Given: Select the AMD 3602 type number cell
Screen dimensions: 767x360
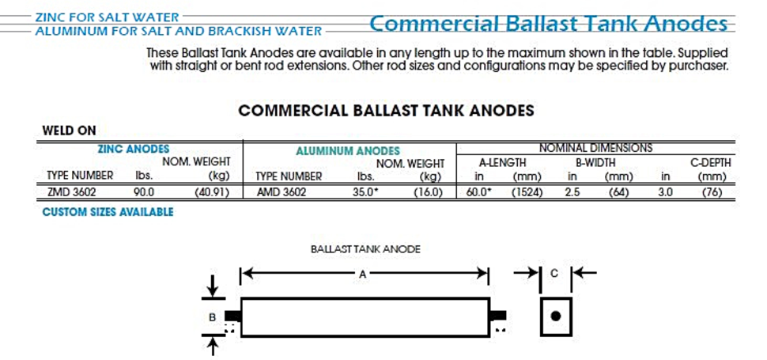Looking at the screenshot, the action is coord(281,192).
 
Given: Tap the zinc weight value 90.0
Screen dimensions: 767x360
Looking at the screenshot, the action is coord(144,192).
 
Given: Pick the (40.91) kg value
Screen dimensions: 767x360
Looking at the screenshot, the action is coord(212,192).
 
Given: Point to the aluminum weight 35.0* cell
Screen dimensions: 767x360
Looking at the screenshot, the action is coord(366,192).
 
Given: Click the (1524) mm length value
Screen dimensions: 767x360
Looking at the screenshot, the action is coord(527,192).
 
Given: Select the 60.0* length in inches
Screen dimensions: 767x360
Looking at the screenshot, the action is coord(479,192).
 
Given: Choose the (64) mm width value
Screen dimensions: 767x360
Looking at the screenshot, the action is coord(622,192).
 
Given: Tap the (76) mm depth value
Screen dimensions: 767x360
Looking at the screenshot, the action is coord(712,192).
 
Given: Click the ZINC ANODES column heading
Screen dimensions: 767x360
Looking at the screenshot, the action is coord(134,150).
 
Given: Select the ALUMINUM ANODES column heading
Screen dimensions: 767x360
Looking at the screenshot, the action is coord(348,151).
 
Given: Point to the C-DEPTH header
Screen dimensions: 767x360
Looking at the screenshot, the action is coord(710,163).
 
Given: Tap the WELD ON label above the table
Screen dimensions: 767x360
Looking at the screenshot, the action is coord(70,131).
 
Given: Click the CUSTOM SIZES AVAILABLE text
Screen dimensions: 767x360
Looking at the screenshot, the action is coord(108,212).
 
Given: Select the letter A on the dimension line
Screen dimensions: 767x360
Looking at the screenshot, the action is coord(362,275).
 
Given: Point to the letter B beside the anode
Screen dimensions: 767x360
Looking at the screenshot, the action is coord(212,317).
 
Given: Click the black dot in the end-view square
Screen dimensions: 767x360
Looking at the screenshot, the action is coord(555,316).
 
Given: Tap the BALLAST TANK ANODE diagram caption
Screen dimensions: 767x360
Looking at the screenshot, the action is coord(365,249).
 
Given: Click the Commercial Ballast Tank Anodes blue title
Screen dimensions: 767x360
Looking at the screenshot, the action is coord(548,24).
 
